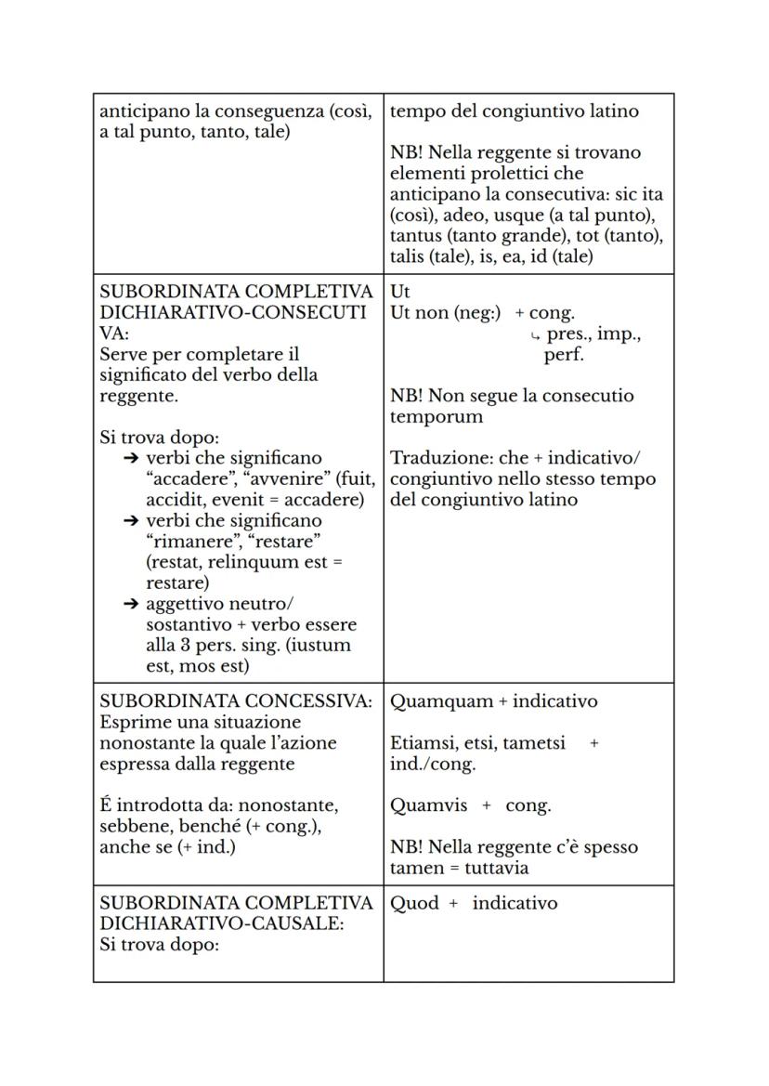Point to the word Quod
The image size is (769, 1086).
point(414,903)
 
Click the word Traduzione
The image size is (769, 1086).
point(434,458)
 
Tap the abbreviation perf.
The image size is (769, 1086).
point(564,355)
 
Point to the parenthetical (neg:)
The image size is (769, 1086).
point(471,313)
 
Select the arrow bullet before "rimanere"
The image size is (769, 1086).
point(131,521)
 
